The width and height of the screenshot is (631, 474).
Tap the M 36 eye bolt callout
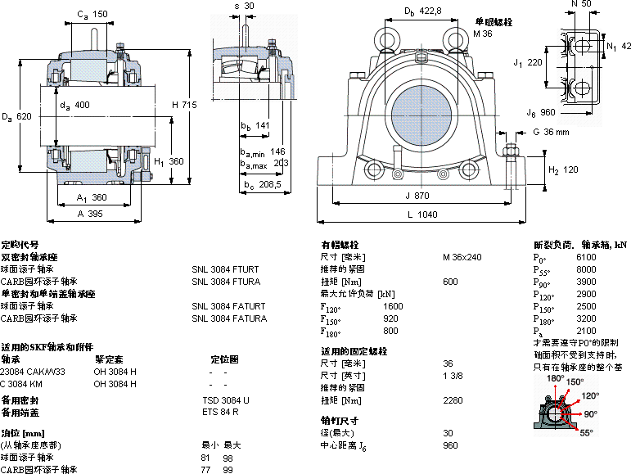tap(482, 34)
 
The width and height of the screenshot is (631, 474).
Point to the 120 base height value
tap(570, 169)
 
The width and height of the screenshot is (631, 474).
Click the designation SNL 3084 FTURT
tap(225, 269)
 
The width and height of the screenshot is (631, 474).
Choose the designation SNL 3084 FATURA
tap(229, 318)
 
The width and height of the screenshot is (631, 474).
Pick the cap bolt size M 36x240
tap(462, 257)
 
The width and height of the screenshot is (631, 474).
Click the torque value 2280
tap(453, 400)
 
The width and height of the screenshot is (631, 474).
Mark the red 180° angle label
tap(556, 379)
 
